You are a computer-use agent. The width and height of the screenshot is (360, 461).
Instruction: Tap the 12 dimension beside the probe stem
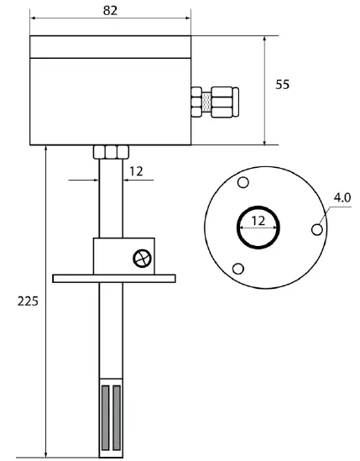(135, 170)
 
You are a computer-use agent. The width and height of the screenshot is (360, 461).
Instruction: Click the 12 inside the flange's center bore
(258, 222)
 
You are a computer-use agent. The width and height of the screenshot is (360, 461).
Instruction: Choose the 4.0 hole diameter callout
(342, 197)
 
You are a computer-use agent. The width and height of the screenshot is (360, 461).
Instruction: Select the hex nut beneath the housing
(112, 152)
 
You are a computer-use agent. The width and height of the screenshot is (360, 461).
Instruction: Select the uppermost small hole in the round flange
(243, 183)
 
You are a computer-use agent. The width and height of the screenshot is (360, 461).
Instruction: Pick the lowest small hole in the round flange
(238, 269)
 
